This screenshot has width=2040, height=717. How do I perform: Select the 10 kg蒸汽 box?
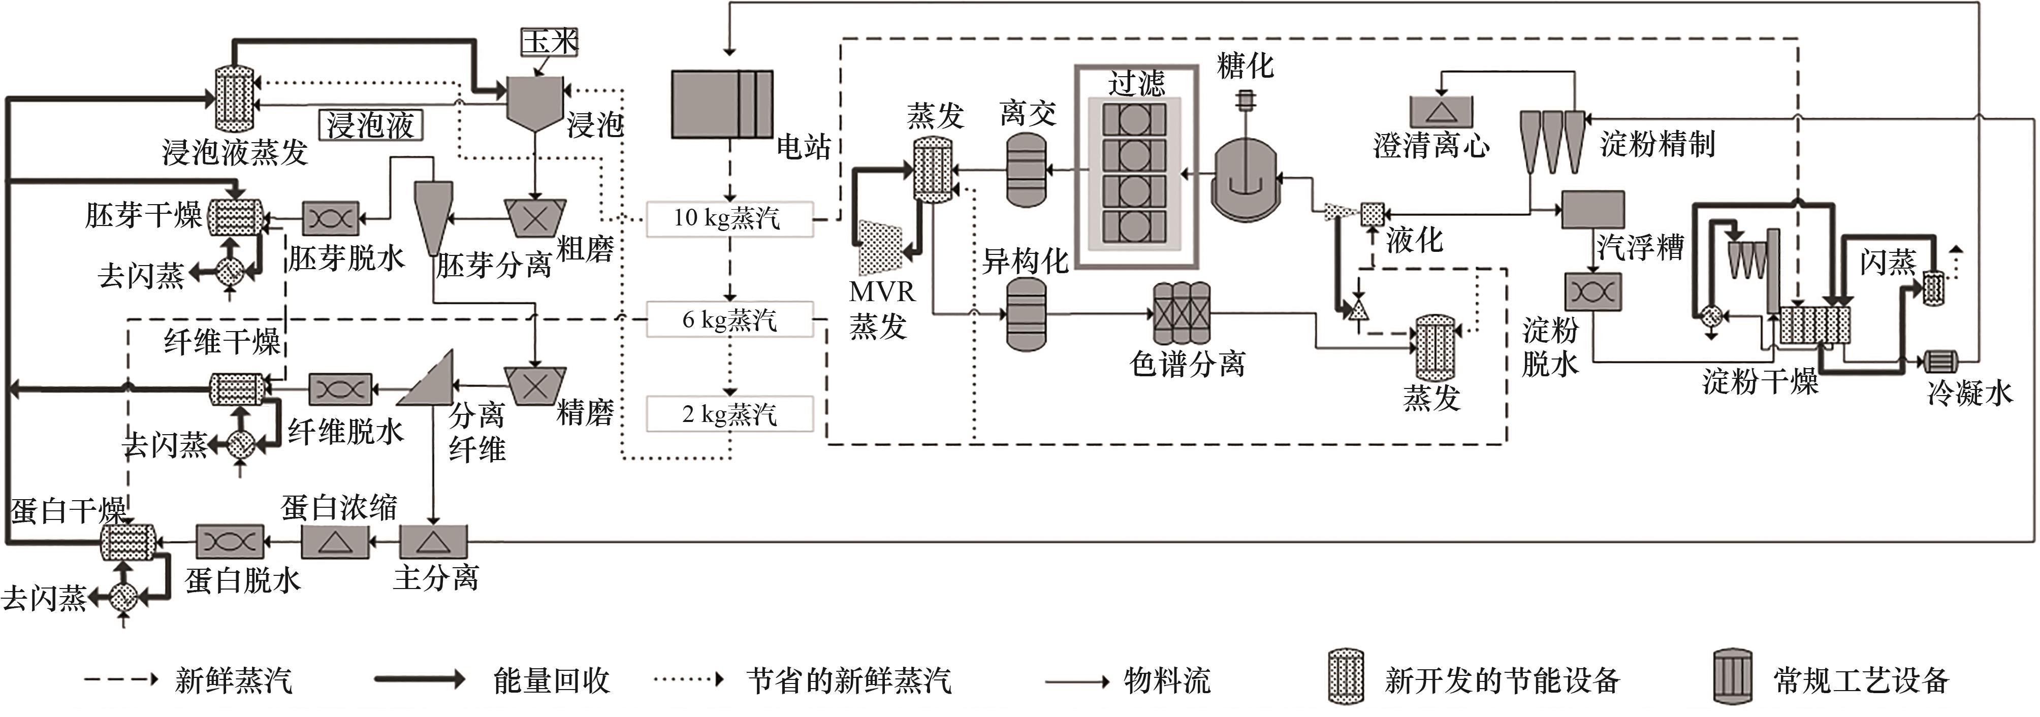(729, 218)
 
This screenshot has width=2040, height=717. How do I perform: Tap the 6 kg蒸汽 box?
(729, 320)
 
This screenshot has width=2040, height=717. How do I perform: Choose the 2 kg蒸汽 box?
(729, 414)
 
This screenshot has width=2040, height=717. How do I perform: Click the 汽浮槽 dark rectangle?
(1592, 210)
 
